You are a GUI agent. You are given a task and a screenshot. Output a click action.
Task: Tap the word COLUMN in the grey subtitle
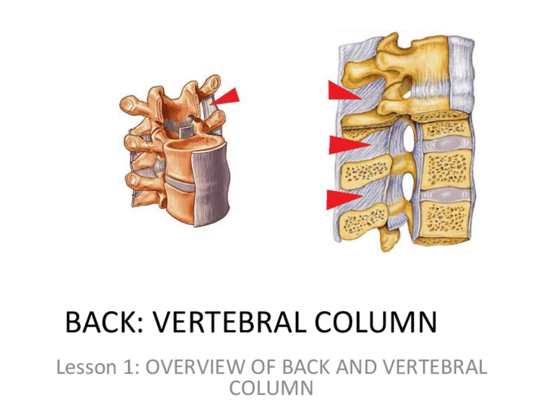[271, 388]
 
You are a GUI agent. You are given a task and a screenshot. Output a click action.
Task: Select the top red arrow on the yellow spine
[343, 91]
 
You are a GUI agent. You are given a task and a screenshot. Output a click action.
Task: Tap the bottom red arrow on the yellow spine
[343, 199]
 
